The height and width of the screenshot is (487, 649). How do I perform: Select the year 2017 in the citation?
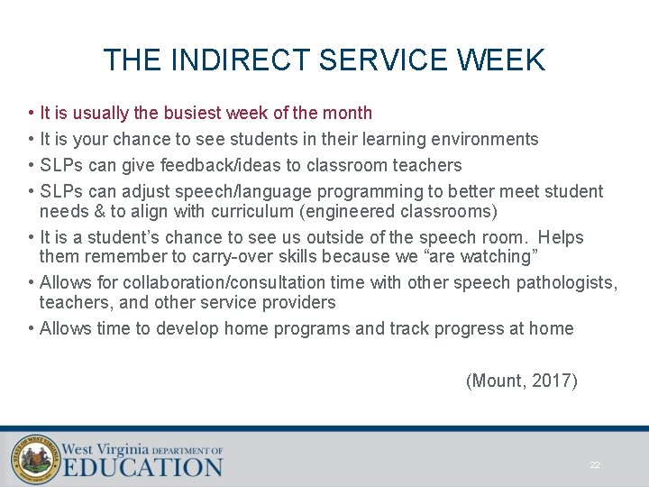[552, 381]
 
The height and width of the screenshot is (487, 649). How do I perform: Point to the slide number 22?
[595, 465]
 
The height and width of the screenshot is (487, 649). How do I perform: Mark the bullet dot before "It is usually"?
[30, 114]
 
